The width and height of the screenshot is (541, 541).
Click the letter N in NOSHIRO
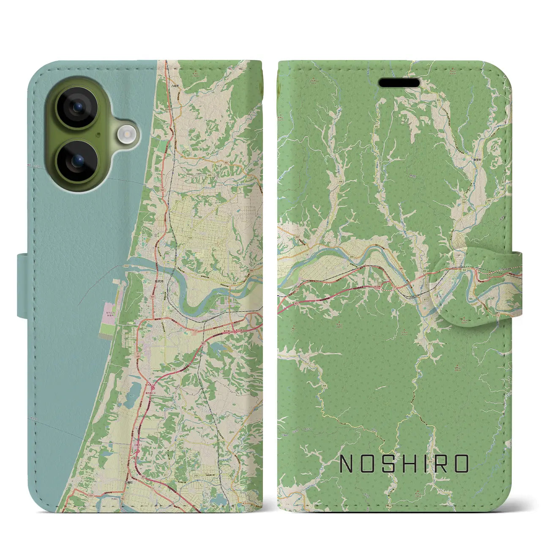tap(347, 464)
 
